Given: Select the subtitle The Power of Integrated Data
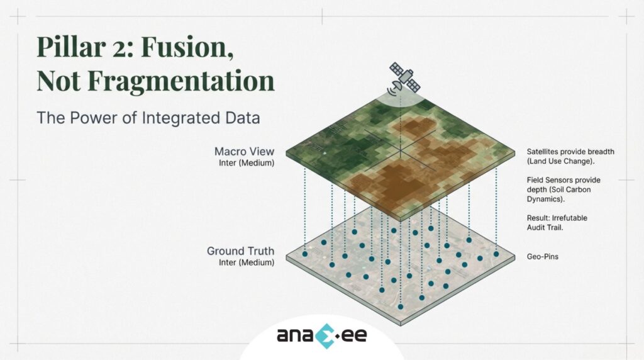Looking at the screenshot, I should tap(148, 117).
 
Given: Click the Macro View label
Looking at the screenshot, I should tap(244, 152).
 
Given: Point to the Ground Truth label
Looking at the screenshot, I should tap(240, 251).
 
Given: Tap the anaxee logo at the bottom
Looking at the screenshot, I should tap(321, 334).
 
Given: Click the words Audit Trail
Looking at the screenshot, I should tap(545, 228).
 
